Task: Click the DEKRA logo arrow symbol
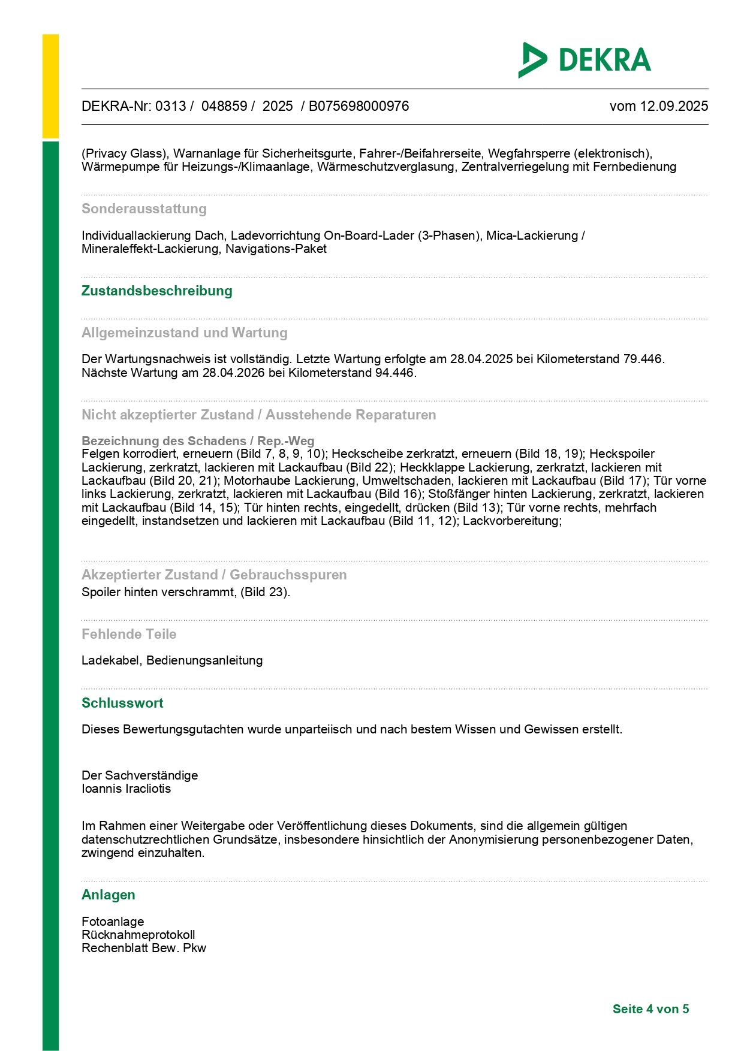532,60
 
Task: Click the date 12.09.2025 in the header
674,106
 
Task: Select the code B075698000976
359,106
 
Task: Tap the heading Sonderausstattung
144,209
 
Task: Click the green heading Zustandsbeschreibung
157,291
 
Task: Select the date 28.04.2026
233,373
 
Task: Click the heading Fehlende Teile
129,634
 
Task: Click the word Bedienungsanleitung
204,660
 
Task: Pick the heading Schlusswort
122,703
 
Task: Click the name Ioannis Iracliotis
126,789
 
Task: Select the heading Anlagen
109,895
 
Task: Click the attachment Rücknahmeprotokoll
138,935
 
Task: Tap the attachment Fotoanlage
113,922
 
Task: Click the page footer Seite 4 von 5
650,1009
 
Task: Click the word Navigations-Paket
276,249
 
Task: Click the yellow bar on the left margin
50,86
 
